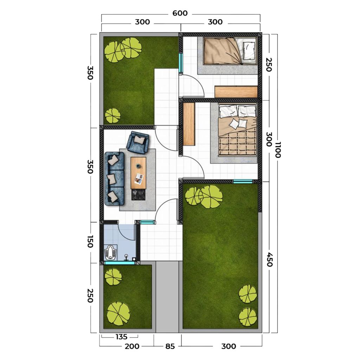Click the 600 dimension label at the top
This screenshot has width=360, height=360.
click(180, 13)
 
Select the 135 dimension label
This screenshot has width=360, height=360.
click(121, 337)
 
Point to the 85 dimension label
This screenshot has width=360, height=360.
click(170, 346)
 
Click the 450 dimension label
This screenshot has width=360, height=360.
click(270, 259)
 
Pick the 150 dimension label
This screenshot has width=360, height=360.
click(90, 242)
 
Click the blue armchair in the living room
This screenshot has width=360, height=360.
click(138, 143)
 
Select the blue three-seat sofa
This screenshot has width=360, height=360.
click(114, 178)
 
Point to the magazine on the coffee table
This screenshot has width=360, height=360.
click(139, 179)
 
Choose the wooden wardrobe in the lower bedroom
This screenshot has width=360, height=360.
click(189, 124)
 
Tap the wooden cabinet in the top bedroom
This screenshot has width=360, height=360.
click(236, 92)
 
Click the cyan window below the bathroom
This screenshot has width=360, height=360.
click(120, 263)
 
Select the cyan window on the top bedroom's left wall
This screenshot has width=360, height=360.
click(181, 63)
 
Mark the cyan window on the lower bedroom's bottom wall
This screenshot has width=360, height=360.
click(243, 182)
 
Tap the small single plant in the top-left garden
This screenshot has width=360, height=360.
click(112, 115)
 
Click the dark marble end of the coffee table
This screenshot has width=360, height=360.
click(138, 194)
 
